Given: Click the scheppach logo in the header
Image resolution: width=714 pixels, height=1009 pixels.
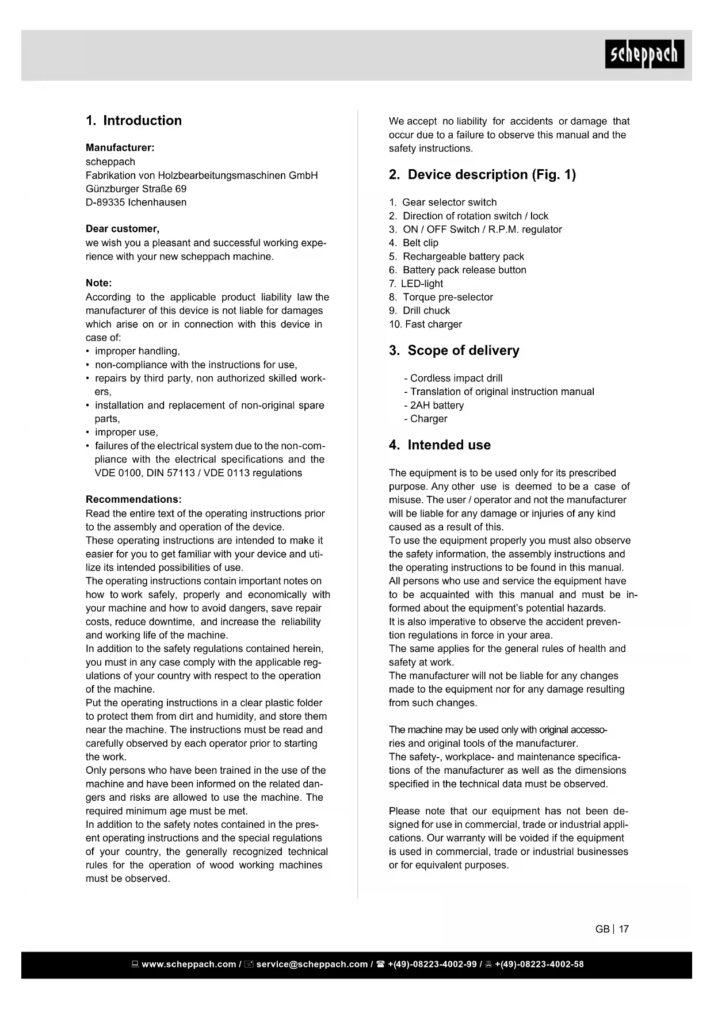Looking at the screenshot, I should tap(644, 54).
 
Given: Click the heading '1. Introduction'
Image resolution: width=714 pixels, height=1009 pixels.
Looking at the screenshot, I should tap(133, 121).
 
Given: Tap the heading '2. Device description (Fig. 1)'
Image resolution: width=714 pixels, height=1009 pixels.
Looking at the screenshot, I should tap(482, 175).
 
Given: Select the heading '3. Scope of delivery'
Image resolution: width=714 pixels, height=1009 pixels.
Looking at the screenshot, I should tap(454, 351).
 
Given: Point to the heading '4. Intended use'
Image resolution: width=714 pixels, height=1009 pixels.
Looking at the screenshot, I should tap(440, 445).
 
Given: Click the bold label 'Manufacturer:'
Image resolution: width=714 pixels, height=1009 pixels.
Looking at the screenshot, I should tap(120, 148).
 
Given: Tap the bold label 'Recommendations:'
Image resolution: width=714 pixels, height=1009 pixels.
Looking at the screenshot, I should tap(133, 499).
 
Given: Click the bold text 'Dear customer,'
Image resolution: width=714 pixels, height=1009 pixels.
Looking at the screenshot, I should tap(123, 229).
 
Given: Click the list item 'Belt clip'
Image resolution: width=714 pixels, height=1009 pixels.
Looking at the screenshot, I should tap(420, 243).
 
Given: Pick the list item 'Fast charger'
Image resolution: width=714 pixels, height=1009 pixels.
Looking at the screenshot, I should tap(433, 324).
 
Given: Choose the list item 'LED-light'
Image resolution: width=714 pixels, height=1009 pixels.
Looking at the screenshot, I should tap(422, 284).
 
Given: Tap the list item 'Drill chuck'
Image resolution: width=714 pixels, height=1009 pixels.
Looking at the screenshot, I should tap(426, 311).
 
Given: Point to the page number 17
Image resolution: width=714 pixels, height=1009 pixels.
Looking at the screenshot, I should tap(624, 929).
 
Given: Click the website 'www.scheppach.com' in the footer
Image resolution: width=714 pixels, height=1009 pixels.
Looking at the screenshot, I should tap(188, 965).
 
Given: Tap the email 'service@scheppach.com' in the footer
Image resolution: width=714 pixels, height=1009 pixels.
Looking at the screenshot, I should tap(311, 965).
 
